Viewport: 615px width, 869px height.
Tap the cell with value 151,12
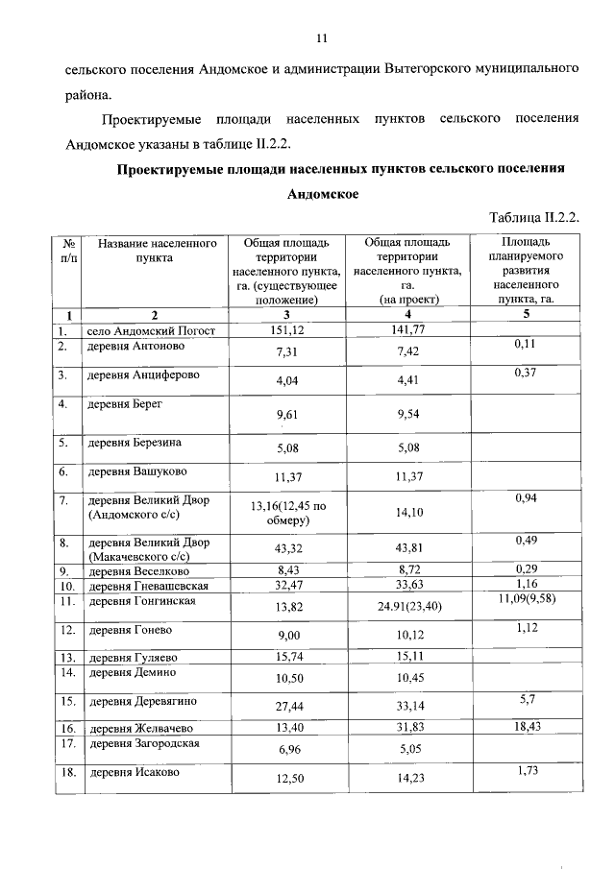[283, 331]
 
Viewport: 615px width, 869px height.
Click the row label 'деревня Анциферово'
[144, 375]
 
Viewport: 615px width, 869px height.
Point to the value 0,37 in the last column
[524, 373]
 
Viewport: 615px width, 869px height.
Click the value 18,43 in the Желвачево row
[524, 729]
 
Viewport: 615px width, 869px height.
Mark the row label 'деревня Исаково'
[134, 772]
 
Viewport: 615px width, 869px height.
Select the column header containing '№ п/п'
[68, 251]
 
